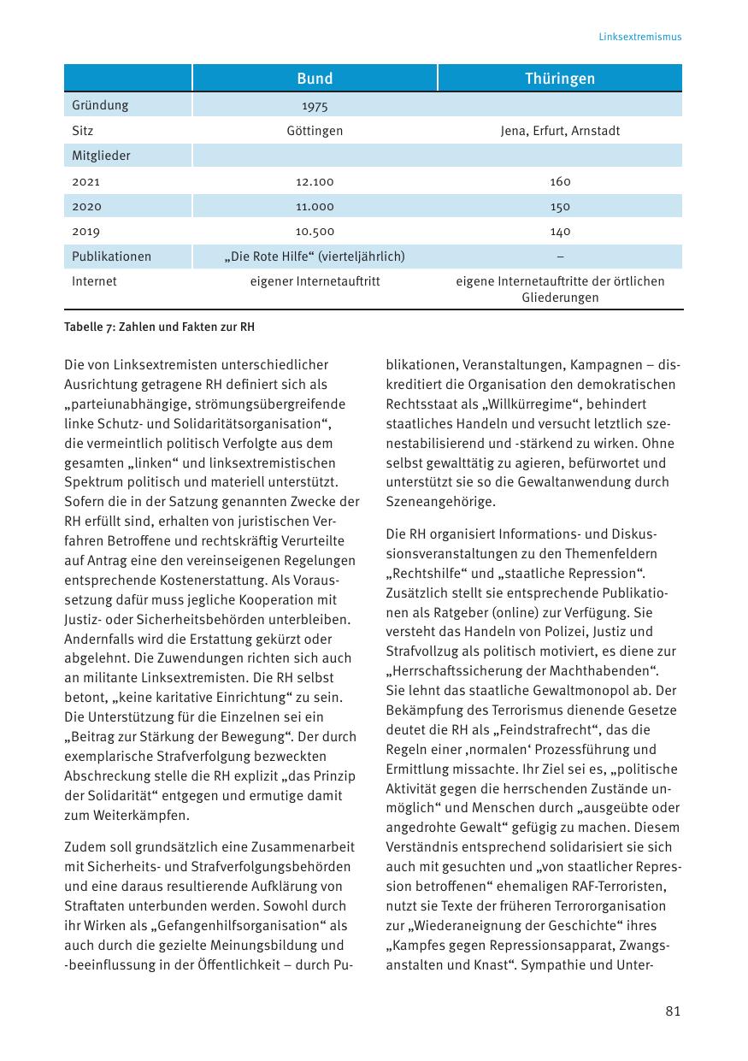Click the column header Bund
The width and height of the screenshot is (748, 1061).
click(x=315, y=79)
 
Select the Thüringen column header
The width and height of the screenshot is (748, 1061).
click(x=560, y=79)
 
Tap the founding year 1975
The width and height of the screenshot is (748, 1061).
click(x=315, y=107)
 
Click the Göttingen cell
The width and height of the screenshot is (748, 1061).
click(x=315, y=131)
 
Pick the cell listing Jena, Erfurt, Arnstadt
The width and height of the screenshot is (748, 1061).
click(x=560, y=131)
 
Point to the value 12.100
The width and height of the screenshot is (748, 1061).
click(x=315, y=181)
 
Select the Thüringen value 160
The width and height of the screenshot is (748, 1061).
click(x=560, y=181)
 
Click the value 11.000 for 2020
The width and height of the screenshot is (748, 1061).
click(x=315, y=206)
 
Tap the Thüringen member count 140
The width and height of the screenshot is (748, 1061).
click(x=560, y=232)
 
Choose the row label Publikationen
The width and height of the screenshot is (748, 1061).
click(x=111, y=256)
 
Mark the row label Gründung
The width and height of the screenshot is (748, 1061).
click(x=100, y=105)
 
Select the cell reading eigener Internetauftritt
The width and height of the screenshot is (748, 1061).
click(x=315, y=281)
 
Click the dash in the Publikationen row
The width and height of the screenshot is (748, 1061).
click(x=560, y=256)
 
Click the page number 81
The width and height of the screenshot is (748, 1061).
click(x=673, y=1011)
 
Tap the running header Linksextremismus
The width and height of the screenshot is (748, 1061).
click(x=639, y=37)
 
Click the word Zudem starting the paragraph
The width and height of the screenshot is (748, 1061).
click(x=85, y=847)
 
